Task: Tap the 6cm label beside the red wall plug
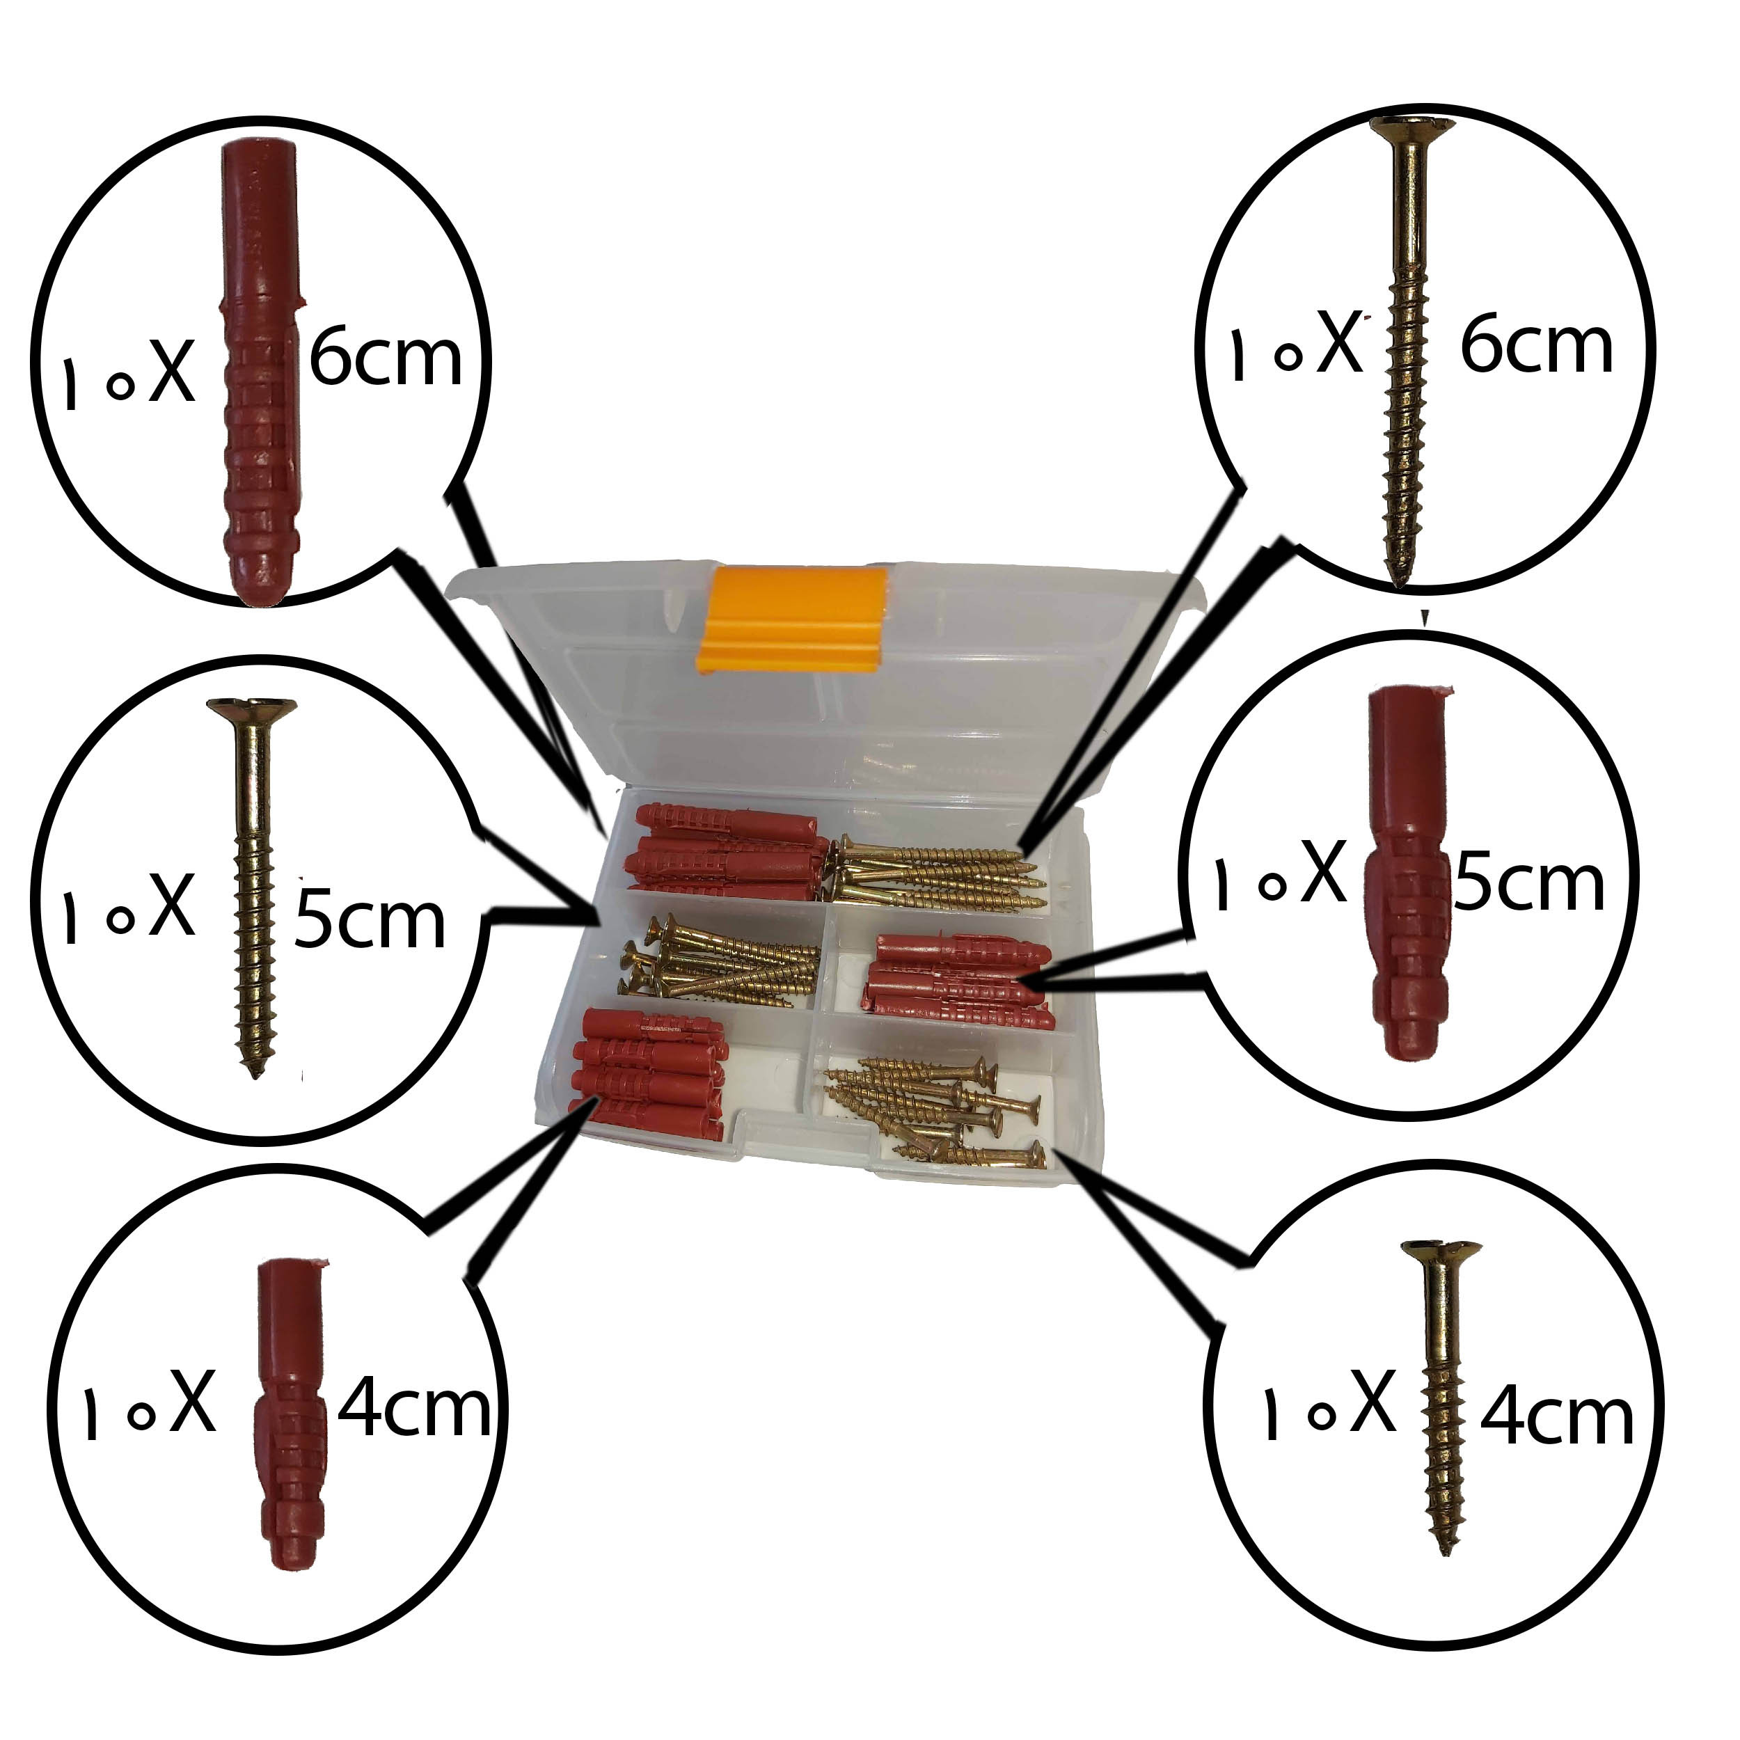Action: pos(386,358)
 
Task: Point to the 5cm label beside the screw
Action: pos(370,919)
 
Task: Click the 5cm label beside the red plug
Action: pos(1529,883)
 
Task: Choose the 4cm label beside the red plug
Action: pos(414,1408)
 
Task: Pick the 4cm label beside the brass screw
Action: pos(1556,1416)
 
